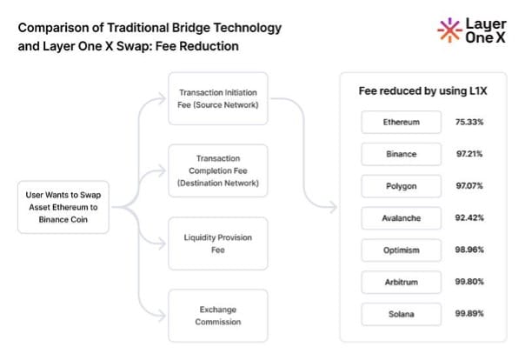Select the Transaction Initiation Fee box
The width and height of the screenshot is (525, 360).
(218, 98)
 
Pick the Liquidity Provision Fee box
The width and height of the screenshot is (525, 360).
(218, 243)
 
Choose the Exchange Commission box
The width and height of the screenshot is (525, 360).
(218, 315)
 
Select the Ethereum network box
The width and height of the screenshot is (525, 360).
(402, 122)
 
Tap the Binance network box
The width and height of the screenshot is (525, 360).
(402, 154)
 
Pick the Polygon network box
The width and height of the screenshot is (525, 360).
(402, 186)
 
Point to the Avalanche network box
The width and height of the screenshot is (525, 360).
(402, 218)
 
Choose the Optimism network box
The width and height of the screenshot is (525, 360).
(402, 250)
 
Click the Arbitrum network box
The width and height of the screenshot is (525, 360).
(402, 282)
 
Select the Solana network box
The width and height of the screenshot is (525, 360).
(402, 313)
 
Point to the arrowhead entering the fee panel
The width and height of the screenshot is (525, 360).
(335, 208)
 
